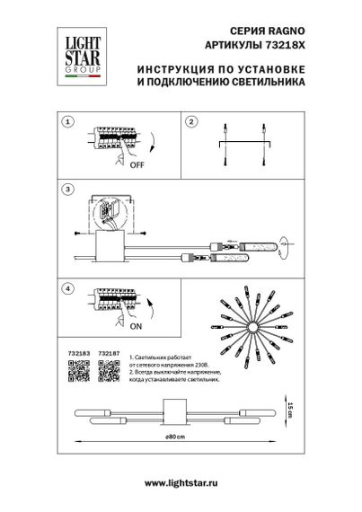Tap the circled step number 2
point(190,120)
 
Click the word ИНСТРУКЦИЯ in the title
point(181,69)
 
